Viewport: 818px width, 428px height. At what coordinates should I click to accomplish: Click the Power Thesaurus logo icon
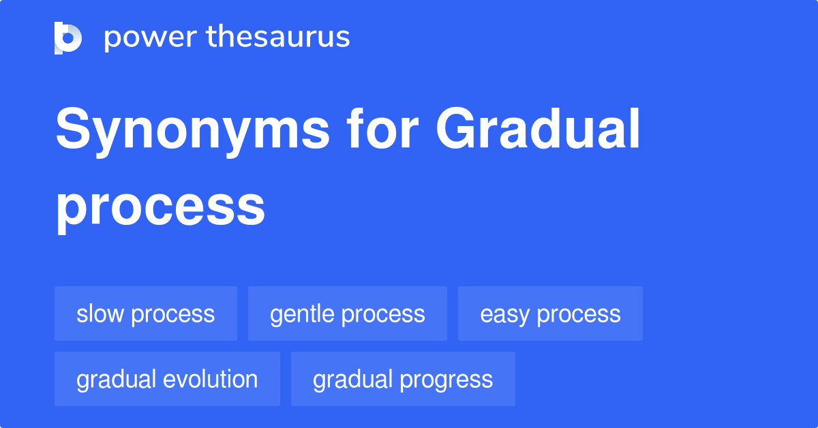[x=67, y=37]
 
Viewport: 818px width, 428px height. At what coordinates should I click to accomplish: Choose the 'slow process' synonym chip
[x=146, y=314]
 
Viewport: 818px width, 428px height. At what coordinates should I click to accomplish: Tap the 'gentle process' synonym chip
[x=348, y=314]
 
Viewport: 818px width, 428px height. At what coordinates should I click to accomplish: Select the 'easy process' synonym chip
[x=550, y=314]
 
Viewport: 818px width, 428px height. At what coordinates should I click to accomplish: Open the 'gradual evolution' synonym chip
[x=167, y=380]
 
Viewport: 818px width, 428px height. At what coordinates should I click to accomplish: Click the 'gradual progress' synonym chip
[x=403, y=380]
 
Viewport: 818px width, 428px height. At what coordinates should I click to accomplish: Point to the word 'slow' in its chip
[x=100, y=314]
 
